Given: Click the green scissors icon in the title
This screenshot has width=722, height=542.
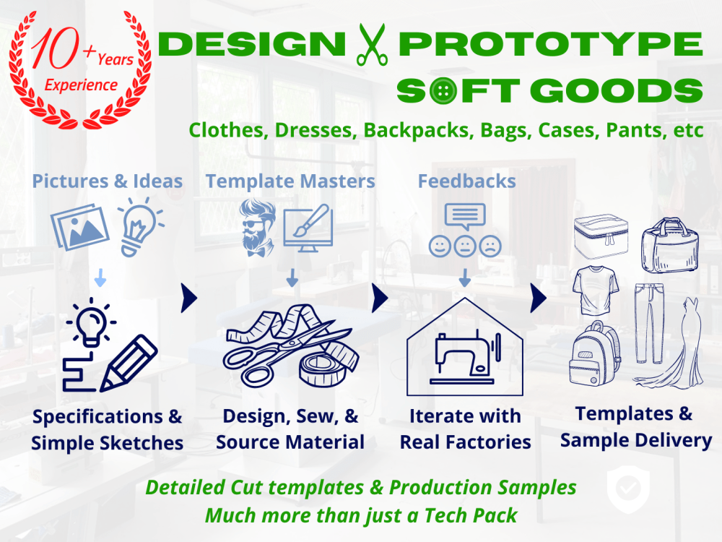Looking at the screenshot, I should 372,45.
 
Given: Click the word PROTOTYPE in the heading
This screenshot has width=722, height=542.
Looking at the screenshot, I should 550,45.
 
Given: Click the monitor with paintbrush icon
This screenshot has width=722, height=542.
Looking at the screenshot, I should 307,228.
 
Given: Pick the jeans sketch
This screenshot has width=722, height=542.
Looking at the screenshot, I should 648,322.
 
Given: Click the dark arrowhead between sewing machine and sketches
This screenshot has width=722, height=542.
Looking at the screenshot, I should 538,296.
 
